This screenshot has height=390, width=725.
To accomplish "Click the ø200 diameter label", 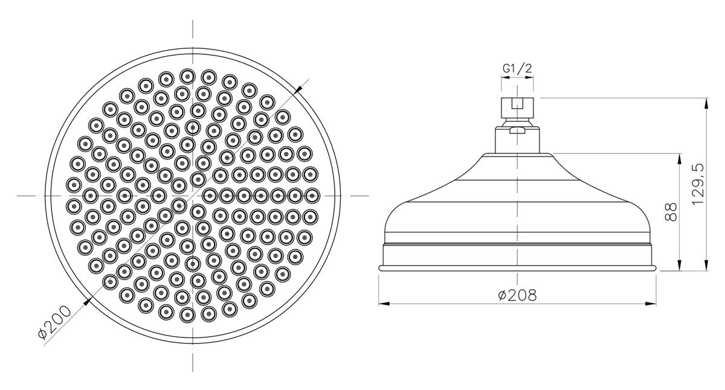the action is [x=54, y=322].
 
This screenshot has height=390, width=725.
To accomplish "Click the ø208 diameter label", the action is [x=517, y=295].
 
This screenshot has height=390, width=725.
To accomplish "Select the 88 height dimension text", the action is [x=671, y=212].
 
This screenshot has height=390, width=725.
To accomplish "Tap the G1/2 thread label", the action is [x=517, y=68].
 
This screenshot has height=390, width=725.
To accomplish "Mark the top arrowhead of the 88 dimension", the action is [x=679, y=159].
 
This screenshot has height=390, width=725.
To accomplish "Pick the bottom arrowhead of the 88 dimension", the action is [x=679, y=265].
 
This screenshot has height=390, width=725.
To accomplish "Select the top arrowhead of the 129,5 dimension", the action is [x=706, y=103].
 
